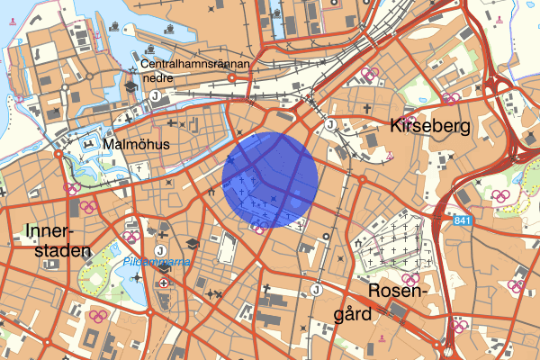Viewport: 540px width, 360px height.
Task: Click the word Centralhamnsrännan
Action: (199, 65)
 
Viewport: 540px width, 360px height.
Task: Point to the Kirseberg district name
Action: (430, 127)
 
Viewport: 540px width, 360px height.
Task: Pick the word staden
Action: (54, 250)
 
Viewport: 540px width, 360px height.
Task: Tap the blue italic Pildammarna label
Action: (150, 263)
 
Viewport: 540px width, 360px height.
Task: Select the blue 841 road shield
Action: (462, 221)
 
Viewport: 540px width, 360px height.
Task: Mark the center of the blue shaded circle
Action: (271, 179)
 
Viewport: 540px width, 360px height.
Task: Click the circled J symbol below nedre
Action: (156, 95)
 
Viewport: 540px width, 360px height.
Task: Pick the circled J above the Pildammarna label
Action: (159, 249)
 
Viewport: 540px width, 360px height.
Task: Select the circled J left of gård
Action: (316, 289)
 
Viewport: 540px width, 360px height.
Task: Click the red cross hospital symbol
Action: (163, 283)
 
